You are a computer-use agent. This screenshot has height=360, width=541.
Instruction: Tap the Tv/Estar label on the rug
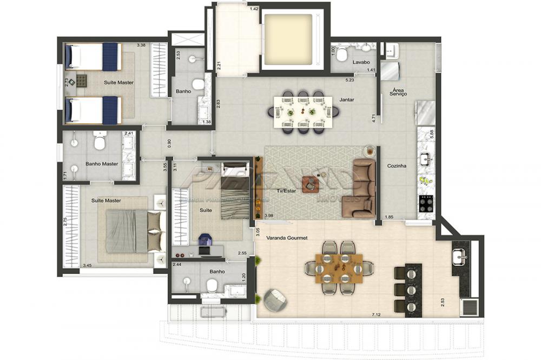coord(286,191)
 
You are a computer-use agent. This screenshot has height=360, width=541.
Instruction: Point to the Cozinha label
coord(397,166)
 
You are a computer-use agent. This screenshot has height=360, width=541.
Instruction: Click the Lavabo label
coord(361,62)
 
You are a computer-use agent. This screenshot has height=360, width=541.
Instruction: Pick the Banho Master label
coord(102,164)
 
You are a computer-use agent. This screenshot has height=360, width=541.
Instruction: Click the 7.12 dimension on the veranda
coord(377,314)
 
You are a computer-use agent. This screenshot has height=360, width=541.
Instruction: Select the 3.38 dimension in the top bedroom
coord(141,45)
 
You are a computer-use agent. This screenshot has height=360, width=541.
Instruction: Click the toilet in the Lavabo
coord(342,55)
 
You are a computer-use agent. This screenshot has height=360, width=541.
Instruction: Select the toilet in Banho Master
coord(100,142)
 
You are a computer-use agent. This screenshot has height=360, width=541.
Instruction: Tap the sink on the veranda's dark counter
coord(460,258)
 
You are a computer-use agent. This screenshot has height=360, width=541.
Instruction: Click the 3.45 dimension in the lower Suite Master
coord(87,265)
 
